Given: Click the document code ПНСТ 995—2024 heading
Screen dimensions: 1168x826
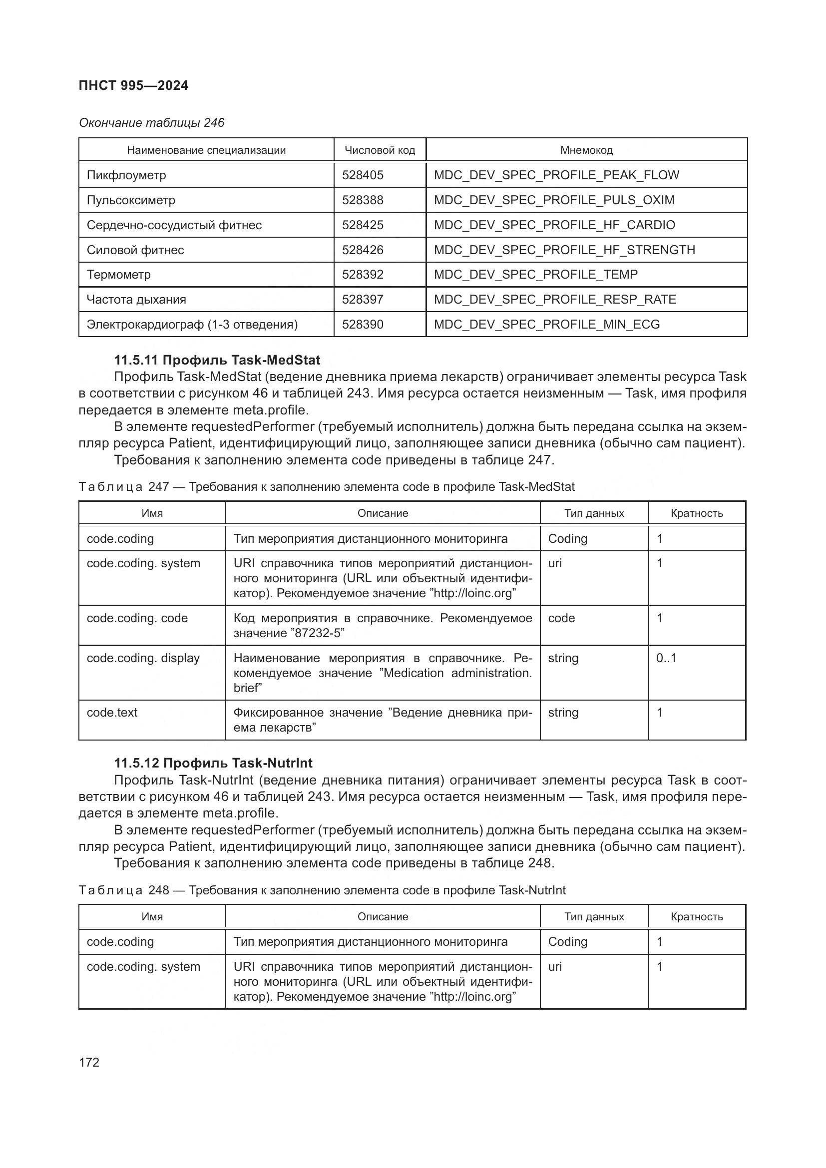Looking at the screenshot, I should tap(133, 85).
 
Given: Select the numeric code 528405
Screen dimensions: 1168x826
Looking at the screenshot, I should tap(363, 175).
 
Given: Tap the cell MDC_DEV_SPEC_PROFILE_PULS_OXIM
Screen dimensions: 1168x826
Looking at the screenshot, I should tap(554, 200).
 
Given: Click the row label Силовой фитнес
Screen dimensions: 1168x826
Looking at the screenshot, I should tap(135, 250).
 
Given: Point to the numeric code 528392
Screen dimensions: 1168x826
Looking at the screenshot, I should tap(363, 275).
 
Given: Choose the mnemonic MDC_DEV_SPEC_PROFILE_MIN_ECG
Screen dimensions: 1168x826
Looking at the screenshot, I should tap(547, 325).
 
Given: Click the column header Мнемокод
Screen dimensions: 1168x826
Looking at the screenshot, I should tap(586, 150).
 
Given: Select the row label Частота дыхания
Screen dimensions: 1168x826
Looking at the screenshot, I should tap(136, 300).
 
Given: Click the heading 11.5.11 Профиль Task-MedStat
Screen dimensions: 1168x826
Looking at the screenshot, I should tap(217, 360).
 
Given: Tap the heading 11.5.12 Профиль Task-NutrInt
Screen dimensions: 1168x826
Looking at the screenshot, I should tap(213, 763).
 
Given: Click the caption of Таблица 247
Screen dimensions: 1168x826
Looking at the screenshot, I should tap(327, 487).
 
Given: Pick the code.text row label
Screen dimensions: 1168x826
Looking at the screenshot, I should tap(112, 713).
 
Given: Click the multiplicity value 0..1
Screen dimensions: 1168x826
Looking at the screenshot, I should tap(666, 658).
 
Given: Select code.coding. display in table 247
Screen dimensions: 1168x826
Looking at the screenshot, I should tap(143, 658).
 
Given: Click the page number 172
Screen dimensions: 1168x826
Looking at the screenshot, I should tap(89, 1062).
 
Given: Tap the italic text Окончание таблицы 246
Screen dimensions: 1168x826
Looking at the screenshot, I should tap(152, 123).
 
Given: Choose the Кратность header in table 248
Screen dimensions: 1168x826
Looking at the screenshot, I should tap(696, 917).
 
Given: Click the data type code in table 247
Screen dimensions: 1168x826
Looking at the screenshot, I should tap(561, 618).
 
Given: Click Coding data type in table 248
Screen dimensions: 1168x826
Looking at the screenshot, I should tap(567, 942).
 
